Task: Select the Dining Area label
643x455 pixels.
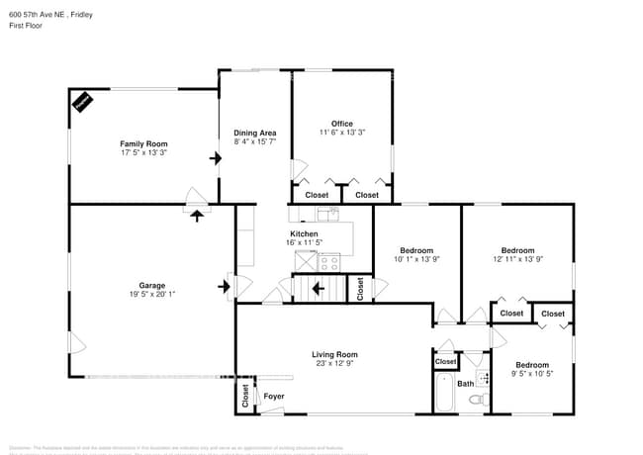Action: click(254, 133)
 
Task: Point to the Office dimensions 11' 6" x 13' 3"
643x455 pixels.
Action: click(342, 133)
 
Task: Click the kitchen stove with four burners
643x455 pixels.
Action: click(329, 262)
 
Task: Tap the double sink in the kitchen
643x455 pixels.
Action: click(327, 214)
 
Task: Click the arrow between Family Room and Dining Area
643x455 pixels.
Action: click(215, 157)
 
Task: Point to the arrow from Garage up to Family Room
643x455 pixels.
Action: click(196, 213)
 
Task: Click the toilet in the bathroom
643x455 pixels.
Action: click(477, 400)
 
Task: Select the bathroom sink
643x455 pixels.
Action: click(483, 377)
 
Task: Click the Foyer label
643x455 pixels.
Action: click(273, 397)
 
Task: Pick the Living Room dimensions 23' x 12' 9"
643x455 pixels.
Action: click(334, 363)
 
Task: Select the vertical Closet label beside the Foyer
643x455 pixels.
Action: click(244, 395)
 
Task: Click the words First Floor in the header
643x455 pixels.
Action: click(28, 26)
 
